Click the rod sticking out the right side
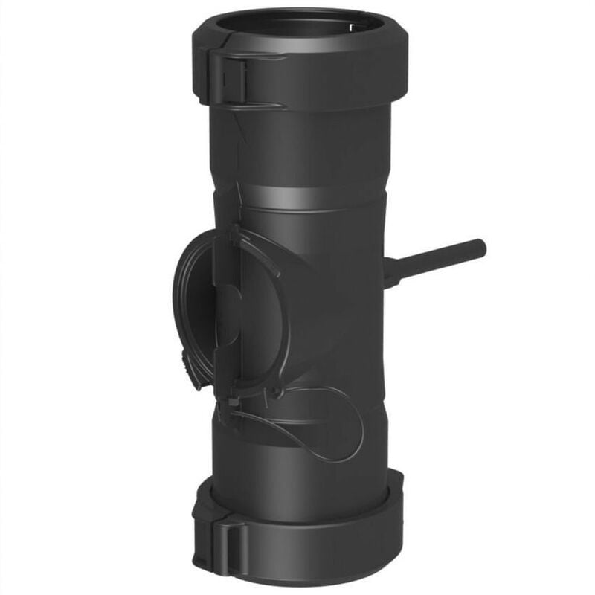(x=439, y=260)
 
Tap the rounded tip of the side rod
(x=481, y=248)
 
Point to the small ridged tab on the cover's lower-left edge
(x=183, y=360)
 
